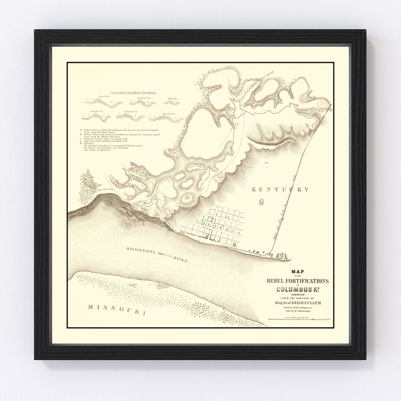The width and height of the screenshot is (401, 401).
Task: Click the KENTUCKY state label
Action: coord(280,190)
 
